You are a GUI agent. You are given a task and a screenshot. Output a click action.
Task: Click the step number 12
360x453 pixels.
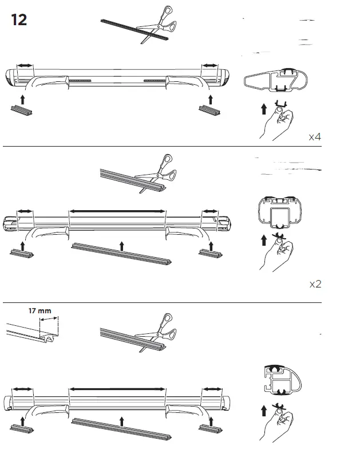click(x=18, y=19)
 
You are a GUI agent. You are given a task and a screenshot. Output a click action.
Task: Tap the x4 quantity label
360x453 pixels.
click(x=315, y=137)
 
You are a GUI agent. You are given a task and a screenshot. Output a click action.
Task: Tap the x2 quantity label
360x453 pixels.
click(x=315, y=284)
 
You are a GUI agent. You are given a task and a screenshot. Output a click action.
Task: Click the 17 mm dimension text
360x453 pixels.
click(x=40, y=312)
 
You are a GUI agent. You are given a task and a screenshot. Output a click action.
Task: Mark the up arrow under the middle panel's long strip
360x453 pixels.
click(x=121, y=246)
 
